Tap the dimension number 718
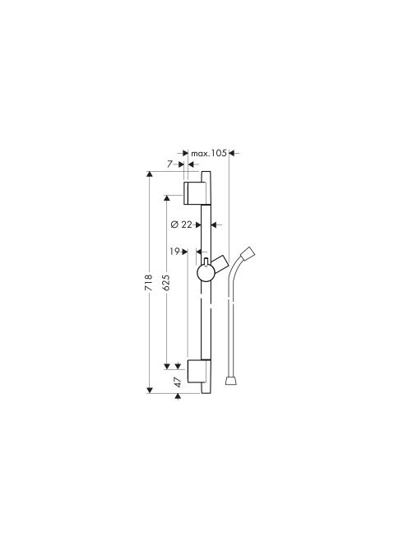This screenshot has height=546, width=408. (x=149, y=283)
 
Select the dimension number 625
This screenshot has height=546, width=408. (x=167, y=283)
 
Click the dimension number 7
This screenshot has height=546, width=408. (x=169, y=164)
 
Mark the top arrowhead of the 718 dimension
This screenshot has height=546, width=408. (x=149, y=174)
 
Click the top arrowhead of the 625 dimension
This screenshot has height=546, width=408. (x=167, y=198)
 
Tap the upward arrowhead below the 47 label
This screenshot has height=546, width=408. (x=181, y=397)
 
